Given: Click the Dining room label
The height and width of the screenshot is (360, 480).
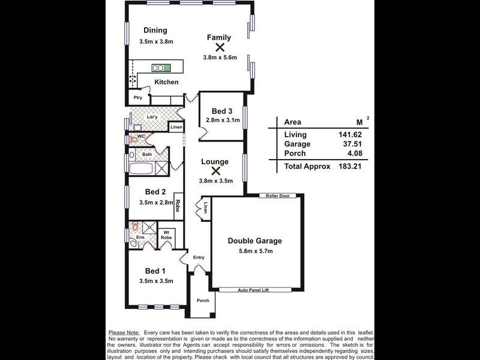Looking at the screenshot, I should click(155, 31).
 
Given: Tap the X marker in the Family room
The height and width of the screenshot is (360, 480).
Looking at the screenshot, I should click(220, 47).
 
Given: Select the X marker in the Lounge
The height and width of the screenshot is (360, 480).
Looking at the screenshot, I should click(214, 171).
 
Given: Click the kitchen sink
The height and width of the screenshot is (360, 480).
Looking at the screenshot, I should click(161, 68).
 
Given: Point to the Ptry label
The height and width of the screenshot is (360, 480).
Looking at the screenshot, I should click(137, 98).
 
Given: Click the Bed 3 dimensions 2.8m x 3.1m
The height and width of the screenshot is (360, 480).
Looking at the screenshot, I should click(223, 120).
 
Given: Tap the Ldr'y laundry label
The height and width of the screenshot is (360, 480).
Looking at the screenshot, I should click(152, 116).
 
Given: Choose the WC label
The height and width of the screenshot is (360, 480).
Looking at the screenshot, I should click(142, 136).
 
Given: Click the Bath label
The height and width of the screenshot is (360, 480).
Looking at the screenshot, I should click(147, 155).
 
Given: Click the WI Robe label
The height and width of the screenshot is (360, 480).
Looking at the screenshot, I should click(166, 235).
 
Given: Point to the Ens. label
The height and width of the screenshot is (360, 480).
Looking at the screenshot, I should click(140, 238).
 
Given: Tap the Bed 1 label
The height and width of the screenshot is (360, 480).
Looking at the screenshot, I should click(155, 271).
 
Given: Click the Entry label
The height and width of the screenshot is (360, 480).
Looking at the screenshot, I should click(199, 257).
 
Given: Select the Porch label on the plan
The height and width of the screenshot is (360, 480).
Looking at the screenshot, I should click(203, 300).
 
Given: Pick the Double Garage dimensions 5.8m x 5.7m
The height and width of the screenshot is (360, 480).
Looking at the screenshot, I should click(255, 251).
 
